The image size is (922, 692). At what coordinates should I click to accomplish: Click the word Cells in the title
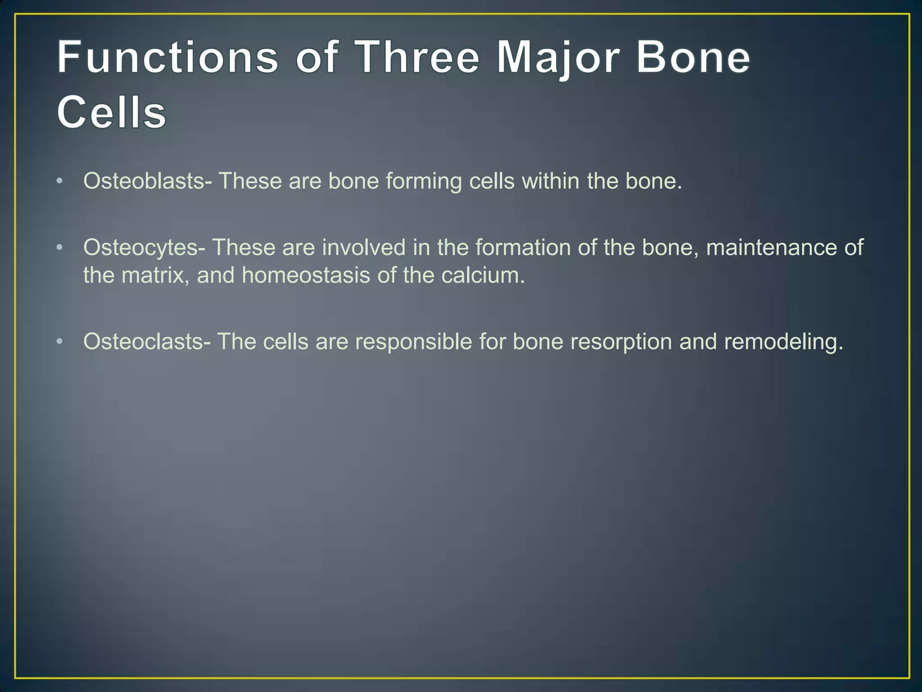point(111,112)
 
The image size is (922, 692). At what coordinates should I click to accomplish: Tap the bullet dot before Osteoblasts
point(60,181)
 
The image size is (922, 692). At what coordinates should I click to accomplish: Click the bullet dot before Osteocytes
point(60,248)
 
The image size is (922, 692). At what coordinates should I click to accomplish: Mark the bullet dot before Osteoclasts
point(60,341)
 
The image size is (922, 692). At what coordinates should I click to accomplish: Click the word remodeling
point(783,342)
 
